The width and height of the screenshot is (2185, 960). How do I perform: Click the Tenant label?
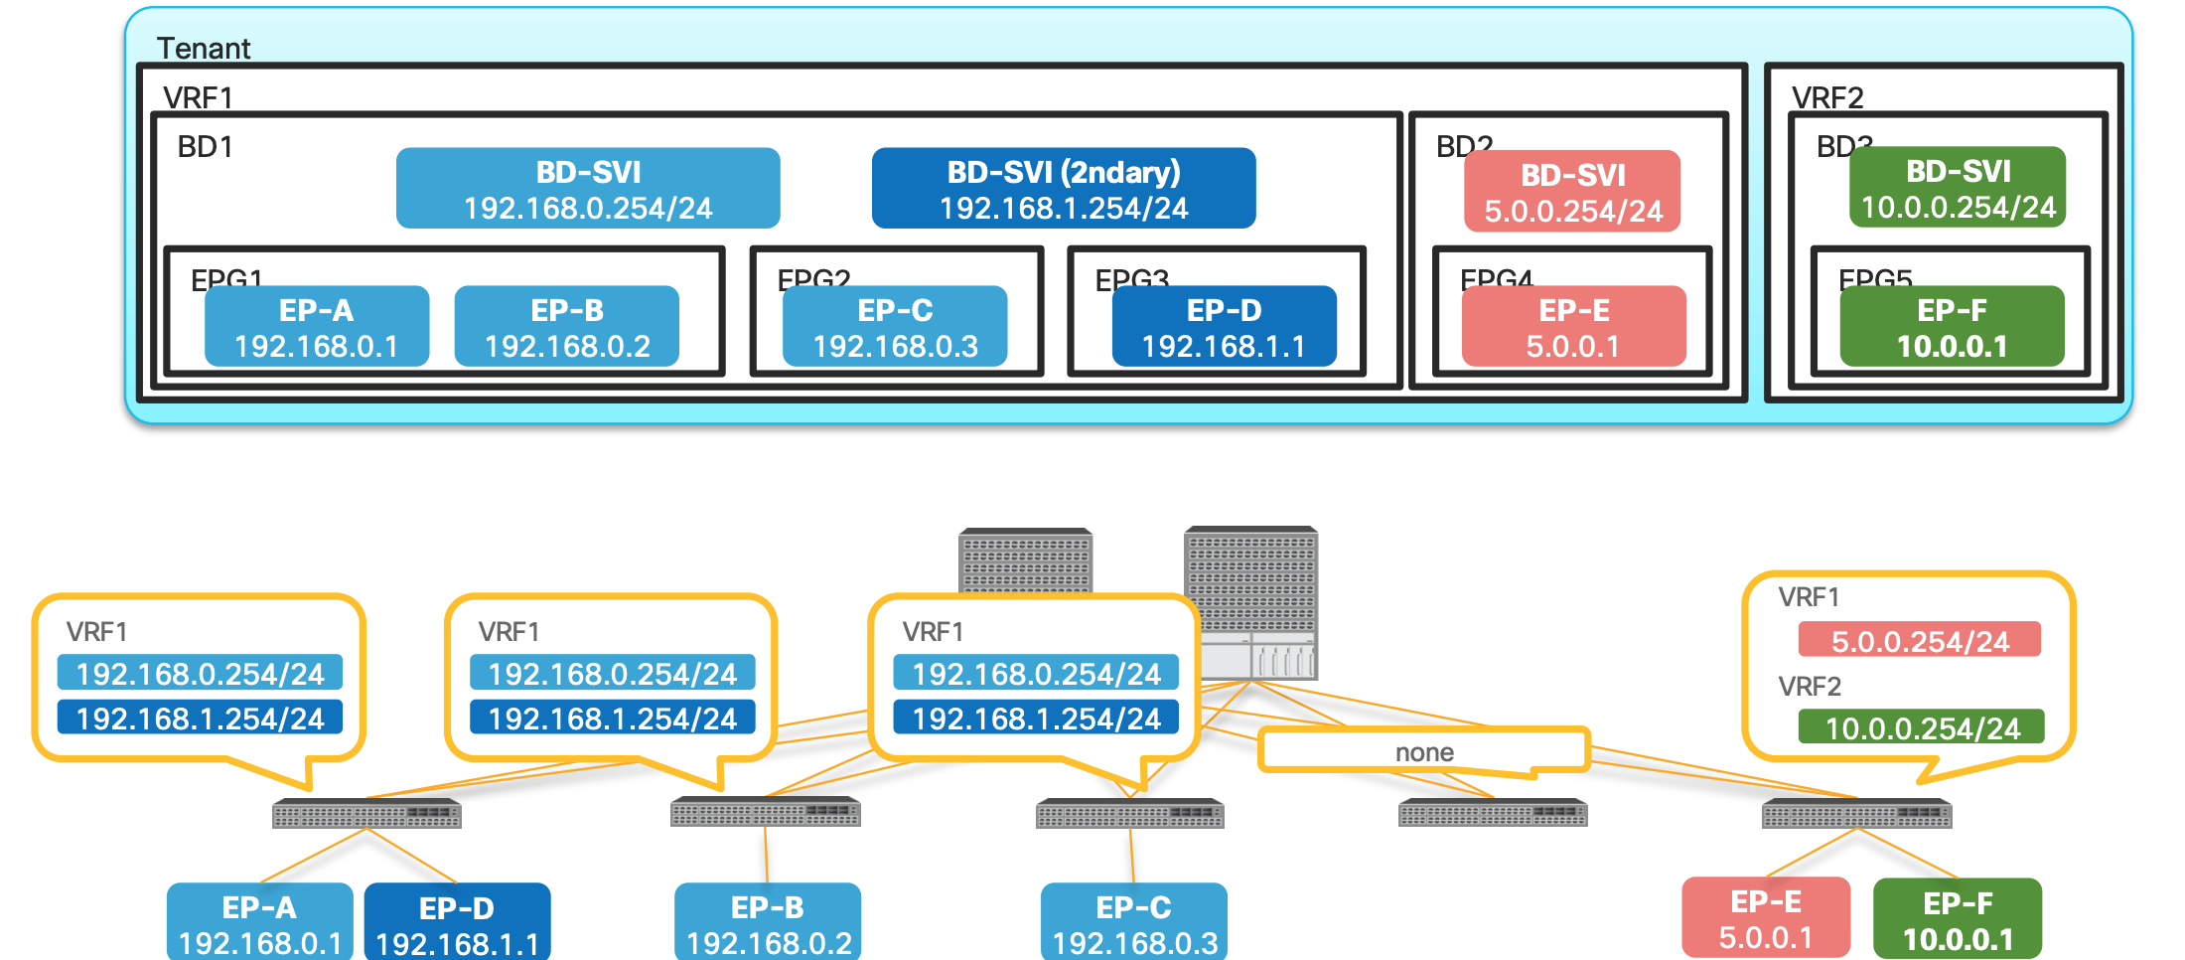pyautogui.click(x=204, y=48)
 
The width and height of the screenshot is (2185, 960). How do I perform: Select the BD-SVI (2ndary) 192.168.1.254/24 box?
pyautogui.click(x=1063, y=189)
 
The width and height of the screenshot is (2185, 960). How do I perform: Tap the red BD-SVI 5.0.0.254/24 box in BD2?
pyautogui.click(x=1572, y=192)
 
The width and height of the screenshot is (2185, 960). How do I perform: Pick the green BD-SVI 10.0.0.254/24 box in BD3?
pyautogui.click(x=1958, y=188)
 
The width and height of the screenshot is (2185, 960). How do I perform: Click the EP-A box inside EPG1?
pyautogui.click(x=317, y=327)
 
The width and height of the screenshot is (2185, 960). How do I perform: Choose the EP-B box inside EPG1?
pyautogui.click(x=567, y=327)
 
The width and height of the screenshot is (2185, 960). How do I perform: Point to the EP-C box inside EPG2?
pyautogui.click(x=895, y=327)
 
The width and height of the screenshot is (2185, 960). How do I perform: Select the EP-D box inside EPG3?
pyautogui.click(x=1224, y=327)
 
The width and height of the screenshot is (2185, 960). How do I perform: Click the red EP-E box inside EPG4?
pyautogui.click(x=1574, y=327)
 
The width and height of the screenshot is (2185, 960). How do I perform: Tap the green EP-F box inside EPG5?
pyautogui.click(x=1952, y=327)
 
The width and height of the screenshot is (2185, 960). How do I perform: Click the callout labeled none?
pyautogui.click(x=1423, y=751)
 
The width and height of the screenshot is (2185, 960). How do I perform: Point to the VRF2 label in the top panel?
pyautogui.click(x=1827, y=97)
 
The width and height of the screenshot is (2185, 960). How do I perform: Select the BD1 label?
pyautogui.click(x=205, y=147)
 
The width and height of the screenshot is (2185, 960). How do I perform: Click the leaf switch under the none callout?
pyautogui.click(x=1492, y=814)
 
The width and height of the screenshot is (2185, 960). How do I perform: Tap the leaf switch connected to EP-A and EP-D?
pyautogui.click(x=366, y=815)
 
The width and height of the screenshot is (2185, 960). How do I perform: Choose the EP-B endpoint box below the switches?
pyautogui.click(x=768, y=922)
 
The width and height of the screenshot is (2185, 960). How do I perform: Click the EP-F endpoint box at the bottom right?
pyautogui.click(x=1958, y=919)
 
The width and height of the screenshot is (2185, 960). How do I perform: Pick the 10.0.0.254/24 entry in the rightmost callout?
pyautogui.click(x=1922, y=727)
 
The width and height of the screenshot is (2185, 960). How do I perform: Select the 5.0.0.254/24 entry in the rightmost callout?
pyautogui.click(x=1919, y=641)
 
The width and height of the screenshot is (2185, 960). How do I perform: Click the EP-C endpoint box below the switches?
pyautogui.click(x=1133, y=922)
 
